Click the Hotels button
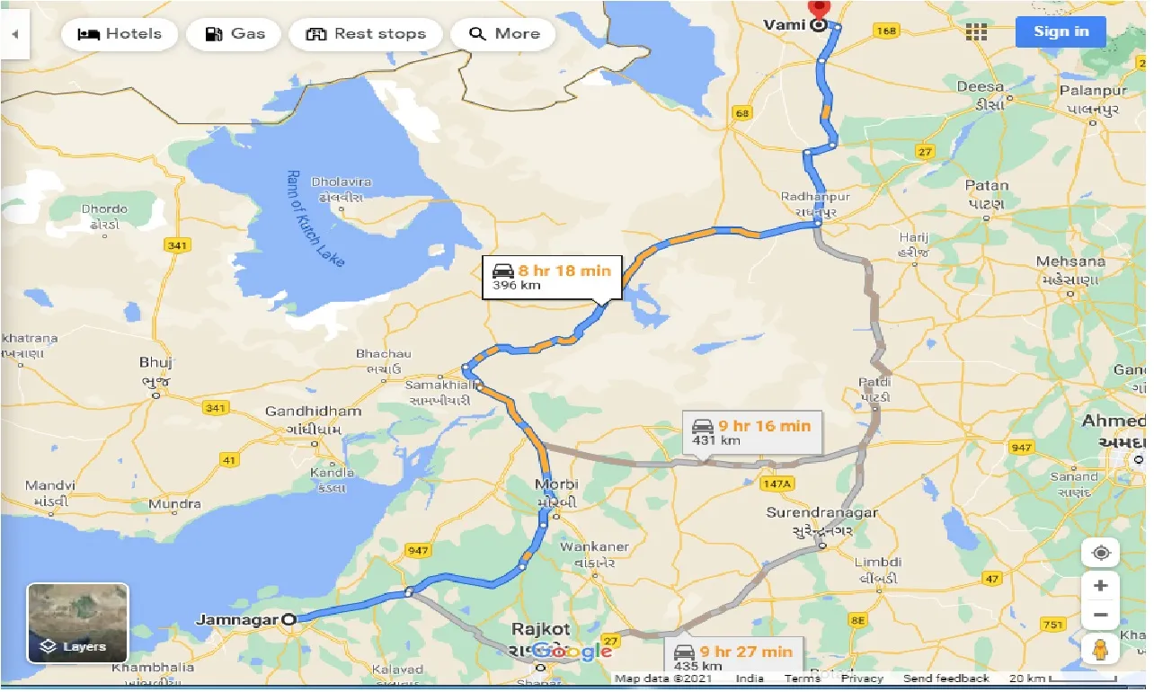[x=120, y=34]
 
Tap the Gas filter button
[x=234, y=34]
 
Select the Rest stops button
[x=365, y=34]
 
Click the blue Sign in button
[x=1061, y=31]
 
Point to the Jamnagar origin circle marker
[x=288, y=619]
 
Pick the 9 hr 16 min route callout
[x=751, y=432]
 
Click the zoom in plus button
[x=1101, y=586]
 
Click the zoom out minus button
[x=1101, y=617]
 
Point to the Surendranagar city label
[x=821, y=512]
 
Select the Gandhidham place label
[x=313, y=412]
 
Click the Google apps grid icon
[x=976, y=31]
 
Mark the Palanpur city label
[x=1092, y=91]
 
